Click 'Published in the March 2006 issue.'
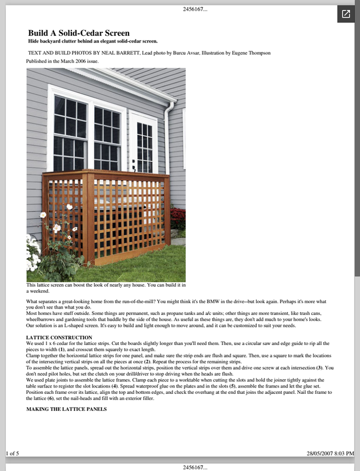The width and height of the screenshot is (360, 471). pos(62,61)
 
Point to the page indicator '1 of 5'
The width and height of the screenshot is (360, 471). pos(13,453)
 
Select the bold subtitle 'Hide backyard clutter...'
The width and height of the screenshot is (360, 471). pos(93,42)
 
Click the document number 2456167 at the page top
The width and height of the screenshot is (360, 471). pos(180,9)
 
